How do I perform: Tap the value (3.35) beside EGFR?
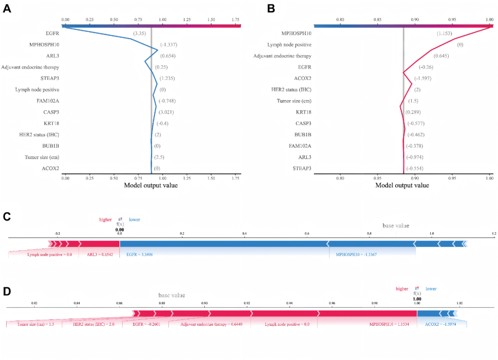140,33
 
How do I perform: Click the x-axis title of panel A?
151,186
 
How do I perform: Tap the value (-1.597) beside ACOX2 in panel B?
423,78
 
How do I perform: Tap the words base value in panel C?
396,226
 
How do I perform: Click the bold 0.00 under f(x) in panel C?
120,229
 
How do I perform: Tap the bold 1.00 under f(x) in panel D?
417,299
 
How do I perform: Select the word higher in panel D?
402,289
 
